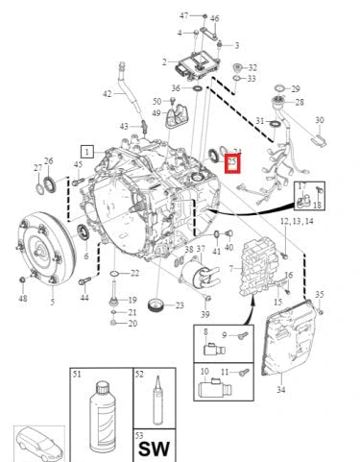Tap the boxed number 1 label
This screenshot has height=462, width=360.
click(x=86, y=152)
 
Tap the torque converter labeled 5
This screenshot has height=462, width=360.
click(x=39, y=253)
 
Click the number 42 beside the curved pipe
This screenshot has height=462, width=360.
click(x=108, y=94)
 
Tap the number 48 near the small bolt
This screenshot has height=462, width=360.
click(x=23, y=298)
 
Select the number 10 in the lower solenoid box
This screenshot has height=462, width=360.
click(x=204, y=370)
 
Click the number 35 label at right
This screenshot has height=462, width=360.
click(x=321, y=295)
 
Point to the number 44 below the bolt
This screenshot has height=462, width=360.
click(x=84, y=298)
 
